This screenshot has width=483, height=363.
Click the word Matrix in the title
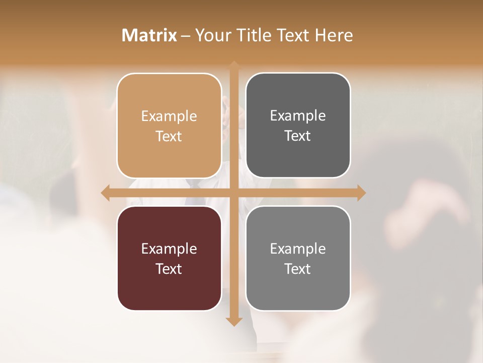149,35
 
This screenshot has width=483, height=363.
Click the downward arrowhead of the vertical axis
234,321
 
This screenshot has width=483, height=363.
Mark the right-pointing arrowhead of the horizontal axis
361,193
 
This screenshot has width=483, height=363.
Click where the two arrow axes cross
234,193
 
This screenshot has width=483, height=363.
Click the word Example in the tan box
169,116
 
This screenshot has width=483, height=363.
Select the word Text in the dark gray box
298,136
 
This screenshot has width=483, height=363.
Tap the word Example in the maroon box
169,249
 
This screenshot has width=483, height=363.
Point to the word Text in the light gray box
298,269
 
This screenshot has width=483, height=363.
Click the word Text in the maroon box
169,269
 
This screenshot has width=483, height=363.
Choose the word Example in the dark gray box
298,116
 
